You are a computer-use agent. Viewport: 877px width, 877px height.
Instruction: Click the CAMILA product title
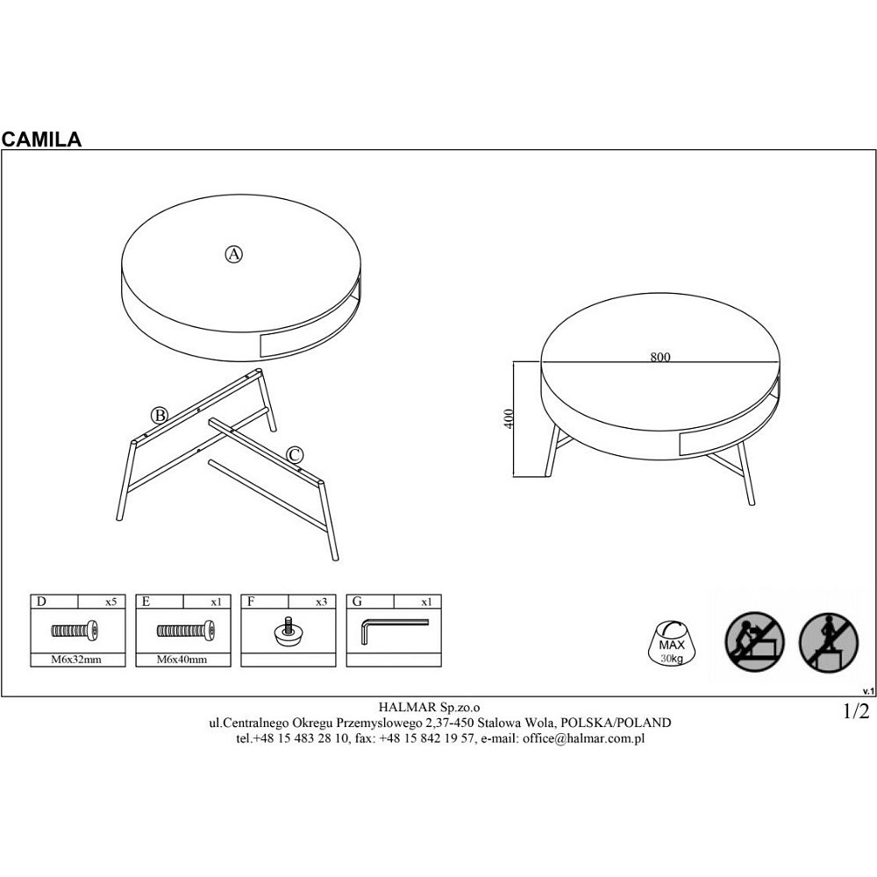click(41, 139)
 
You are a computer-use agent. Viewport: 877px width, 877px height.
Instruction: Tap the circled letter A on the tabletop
click(234, 254)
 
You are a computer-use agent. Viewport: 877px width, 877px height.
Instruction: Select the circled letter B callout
click(160, 416)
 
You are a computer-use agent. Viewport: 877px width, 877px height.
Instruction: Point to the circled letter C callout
click(295, 454)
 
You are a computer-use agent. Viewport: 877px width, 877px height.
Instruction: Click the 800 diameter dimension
click(660, 357)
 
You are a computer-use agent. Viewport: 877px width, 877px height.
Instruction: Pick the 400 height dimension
click(509, 418)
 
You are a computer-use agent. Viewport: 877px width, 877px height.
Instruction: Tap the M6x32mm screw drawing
click(75, 631)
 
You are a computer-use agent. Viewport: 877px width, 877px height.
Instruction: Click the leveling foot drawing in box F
click(289, 631)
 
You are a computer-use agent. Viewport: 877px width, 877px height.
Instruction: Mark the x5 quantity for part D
click(111, 602)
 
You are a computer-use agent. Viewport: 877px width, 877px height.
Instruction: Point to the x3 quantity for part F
click(321, 602)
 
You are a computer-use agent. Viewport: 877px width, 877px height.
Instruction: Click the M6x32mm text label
click(76, 660)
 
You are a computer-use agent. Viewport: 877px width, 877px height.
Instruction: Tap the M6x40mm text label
click(182, 660)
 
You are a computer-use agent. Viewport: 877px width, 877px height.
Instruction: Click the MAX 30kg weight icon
click(672, 643)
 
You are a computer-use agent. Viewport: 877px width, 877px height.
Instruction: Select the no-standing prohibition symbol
click(829, 642)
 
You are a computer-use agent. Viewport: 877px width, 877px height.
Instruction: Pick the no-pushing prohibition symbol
click(754, 642)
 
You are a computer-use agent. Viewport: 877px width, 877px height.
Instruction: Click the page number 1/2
click(856, 711)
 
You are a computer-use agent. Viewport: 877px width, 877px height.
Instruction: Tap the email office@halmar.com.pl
click(583, 738)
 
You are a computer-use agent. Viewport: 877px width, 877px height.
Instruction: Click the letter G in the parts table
click(358, 602)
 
